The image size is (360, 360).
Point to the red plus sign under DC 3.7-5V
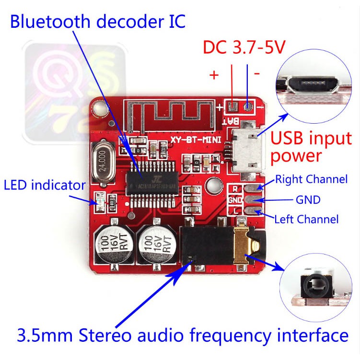214,75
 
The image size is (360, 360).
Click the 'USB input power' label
311,147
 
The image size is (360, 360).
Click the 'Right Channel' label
311,180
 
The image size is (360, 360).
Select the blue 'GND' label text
308,199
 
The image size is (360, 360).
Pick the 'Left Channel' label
306,220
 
